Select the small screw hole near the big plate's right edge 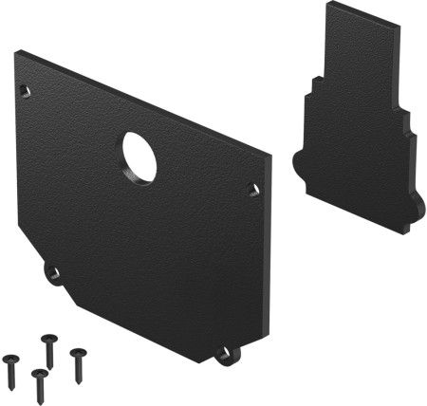pyautogui.click(x=252, y=190)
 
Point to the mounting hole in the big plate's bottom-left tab pyautogui.click(x=54, y=275)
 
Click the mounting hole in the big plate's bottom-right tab pyautogui.click(x=224, y=355)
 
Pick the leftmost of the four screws pyautogui.click(x=11, y=364)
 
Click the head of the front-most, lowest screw pyautogui.click(x=38, y=374)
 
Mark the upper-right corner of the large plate pyautogui.click(x=269, y=152)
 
